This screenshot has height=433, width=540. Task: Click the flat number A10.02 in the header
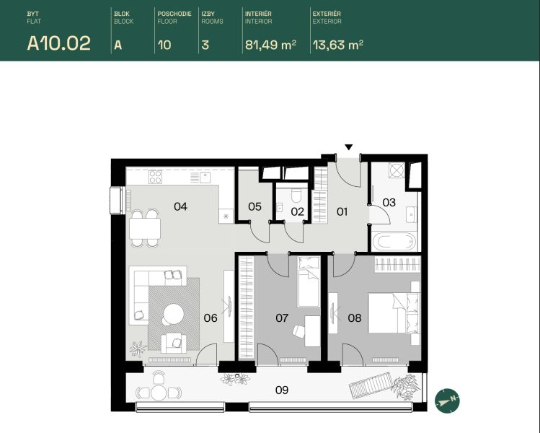59,43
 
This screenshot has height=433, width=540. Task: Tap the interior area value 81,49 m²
270,45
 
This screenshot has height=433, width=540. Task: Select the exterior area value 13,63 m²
338,45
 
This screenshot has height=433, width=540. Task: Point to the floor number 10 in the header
164,45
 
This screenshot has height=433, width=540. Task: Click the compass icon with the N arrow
448,401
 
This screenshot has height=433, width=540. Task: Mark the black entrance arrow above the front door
349,147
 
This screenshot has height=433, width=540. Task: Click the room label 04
180,206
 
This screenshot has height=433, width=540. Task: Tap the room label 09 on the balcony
282,390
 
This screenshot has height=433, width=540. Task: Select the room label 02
297,211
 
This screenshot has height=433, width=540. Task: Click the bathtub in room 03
393,242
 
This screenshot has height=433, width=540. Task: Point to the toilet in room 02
296,195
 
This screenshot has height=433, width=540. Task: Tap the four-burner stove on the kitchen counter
155,177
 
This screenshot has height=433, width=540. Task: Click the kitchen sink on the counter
205,178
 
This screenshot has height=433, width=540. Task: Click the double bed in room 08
394,313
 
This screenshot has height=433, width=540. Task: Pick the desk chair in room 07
298,331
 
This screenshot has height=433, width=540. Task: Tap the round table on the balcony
159,393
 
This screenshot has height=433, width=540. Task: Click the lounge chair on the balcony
371,385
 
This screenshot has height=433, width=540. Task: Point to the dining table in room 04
145,229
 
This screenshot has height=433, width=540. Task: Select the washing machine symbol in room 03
395,170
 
